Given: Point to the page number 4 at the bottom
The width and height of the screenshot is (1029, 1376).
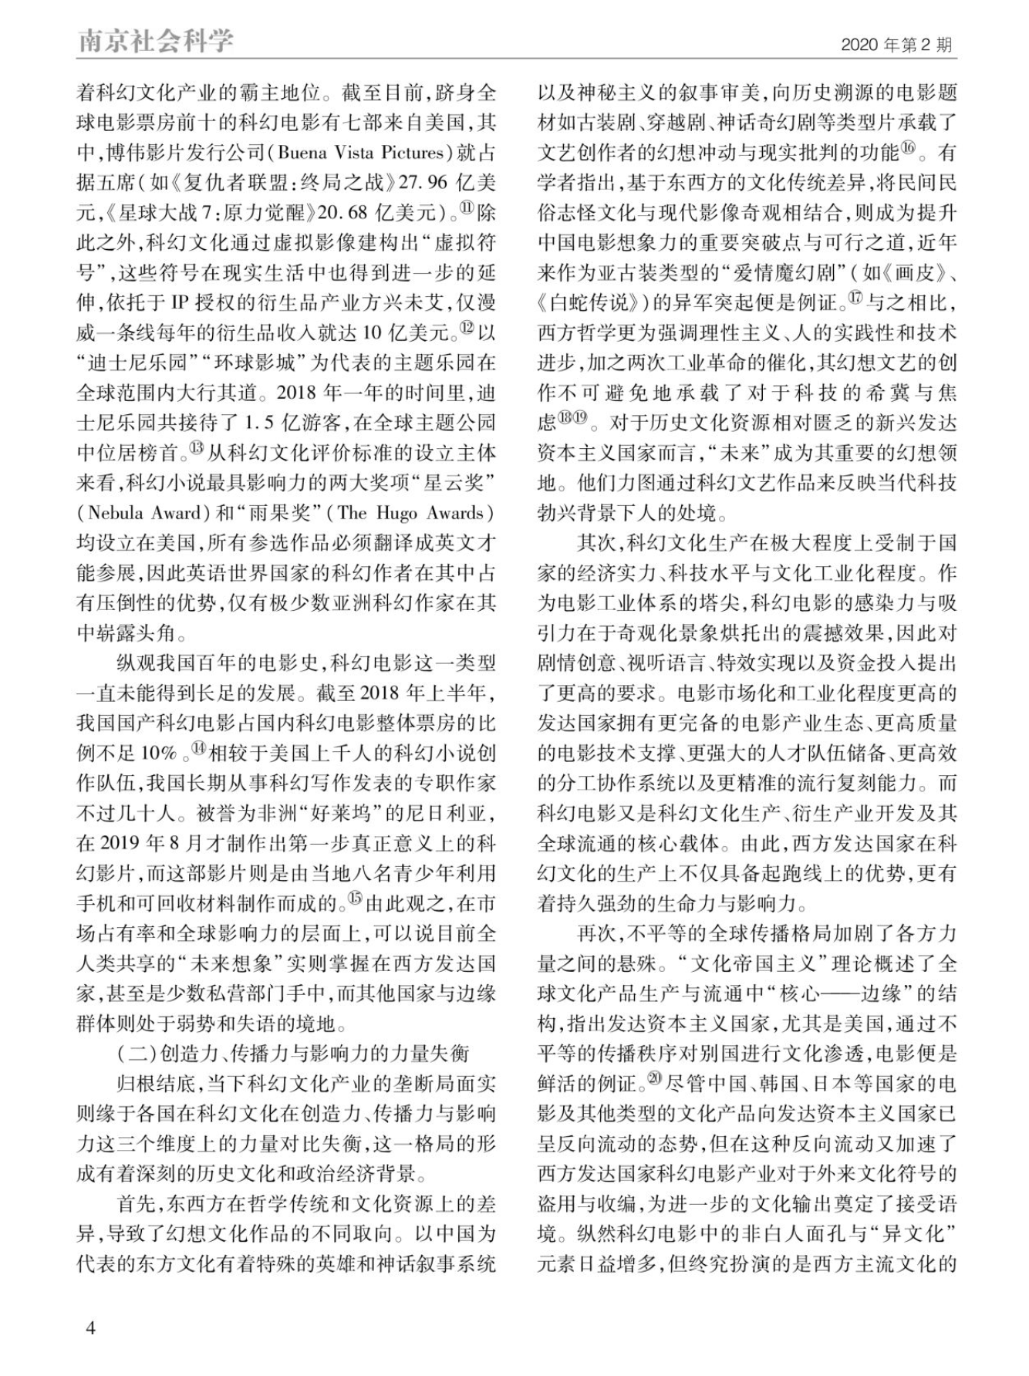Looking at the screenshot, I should tap(90, 1329).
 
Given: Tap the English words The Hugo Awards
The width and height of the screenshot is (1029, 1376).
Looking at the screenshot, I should tap(413, 514).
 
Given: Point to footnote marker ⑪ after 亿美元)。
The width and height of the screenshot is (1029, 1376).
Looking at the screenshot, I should tap(467, 209).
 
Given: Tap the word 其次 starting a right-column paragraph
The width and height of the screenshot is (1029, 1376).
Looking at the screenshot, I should tap(596, 543).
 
